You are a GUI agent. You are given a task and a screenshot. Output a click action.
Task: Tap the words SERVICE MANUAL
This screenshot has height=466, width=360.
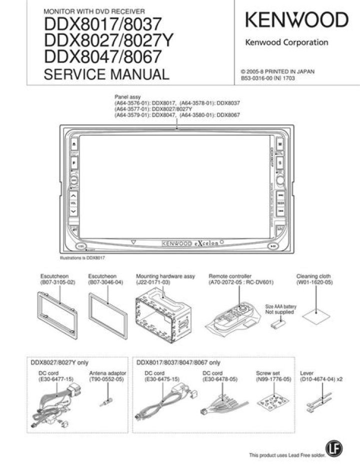click(106, 75)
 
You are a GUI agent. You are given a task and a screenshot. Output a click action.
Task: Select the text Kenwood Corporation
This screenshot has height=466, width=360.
click(286, 42)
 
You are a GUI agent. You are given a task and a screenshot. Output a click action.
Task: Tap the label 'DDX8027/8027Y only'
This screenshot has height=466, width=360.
click(59, 363)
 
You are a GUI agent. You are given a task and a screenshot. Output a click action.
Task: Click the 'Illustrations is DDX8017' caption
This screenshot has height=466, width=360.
click(82, 258)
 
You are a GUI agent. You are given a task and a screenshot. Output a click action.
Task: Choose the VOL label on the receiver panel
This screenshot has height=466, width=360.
click(73, 204)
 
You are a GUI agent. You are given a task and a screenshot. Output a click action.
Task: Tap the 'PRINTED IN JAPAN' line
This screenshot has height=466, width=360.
click(277, 71)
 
